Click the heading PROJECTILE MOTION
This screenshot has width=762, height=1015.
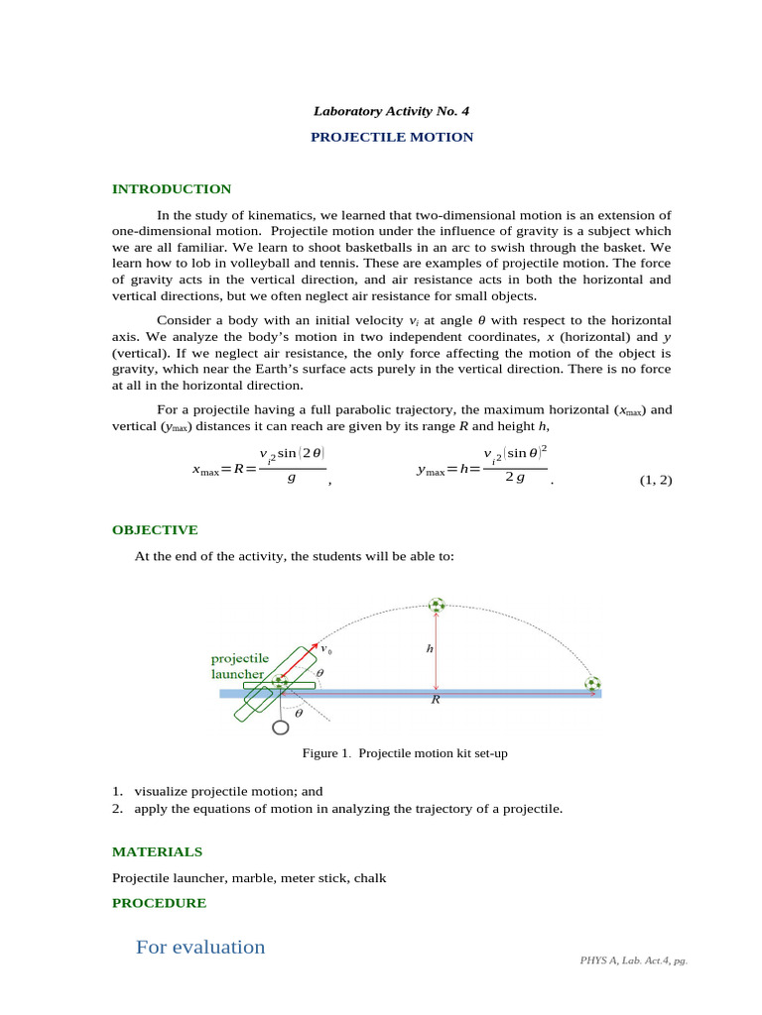click(x=392, y=137)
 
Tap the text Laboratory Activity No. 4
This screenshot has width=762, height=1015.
click(x=392, y=111)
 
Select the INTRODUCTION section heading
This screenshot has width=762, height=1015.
click(x=172, y=188)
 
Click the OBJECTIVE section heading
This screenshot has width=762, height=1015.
click(x=155, y=529)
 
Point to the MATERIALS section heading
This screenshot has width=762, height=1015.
click(x=157, y=851)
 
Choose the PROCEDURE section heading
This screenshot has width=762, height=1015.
click(x=159, y=903)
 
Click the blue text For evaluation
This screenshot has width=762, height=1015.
click(x=200, y=947)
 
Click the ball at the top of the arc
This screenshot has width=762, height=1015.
click(x=437, y=605)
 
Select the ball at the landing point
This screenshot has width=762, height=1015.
click(x=592, y=683)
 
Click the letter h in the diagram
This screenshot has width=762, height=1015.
click(x=430, y=648)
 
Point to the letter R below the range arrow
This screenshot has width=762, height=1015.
click(x=435, y=700)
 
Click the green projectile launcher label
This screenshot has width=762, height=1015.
click(x=239, y=665)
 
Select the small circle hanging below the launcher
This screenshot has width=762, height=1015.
click(x=281, y=728)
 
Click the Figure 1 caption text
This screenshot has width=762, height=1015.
click(x=405, y=753)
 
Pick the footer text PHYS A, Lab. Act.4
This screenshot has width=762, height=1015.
click(x=632, y=961)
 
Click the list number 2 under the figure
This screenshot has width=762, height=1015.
click(x=117, y=809)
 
